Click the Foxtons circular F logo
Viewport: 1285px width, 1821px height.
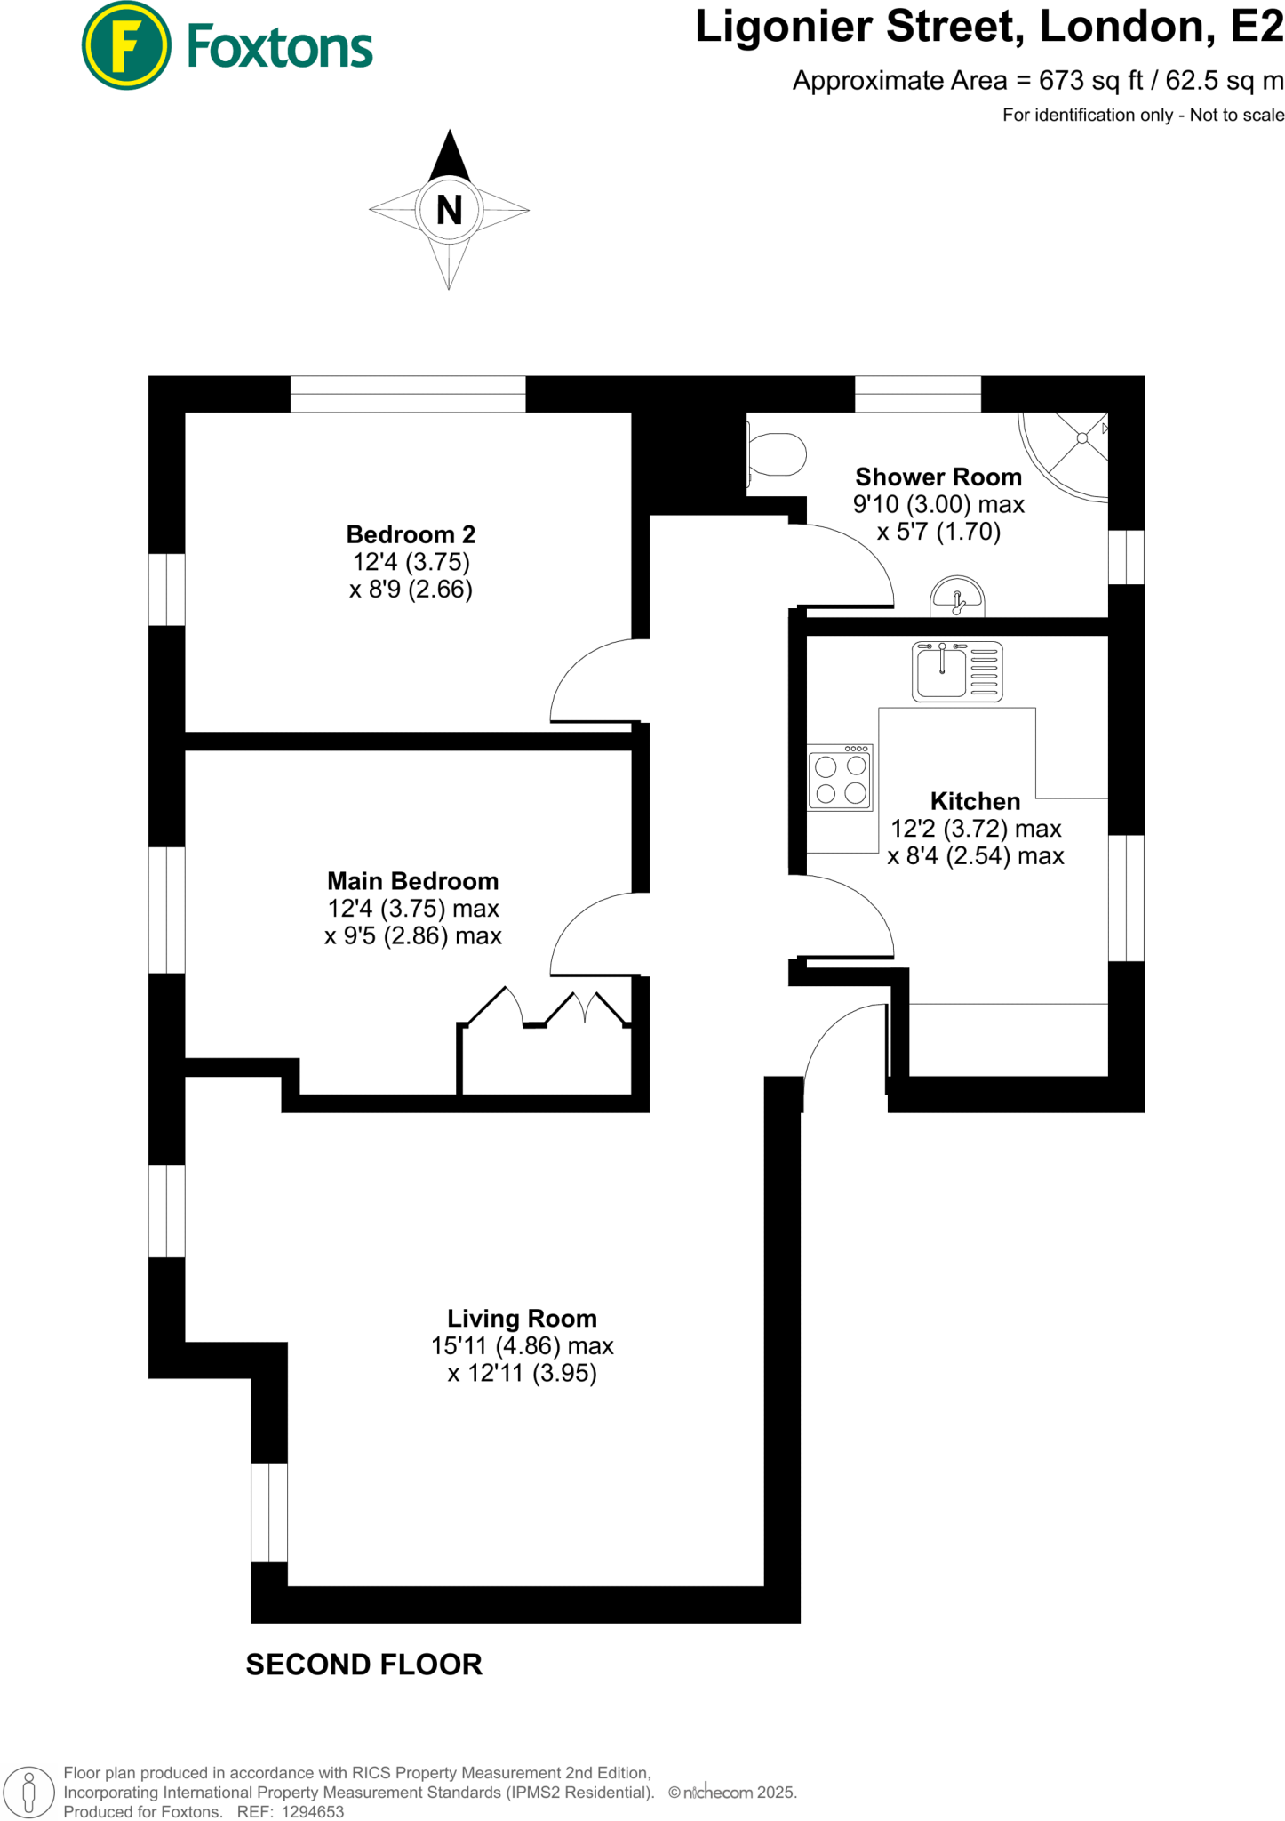[125, 45]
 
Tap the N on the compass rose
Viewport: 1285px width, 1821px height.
[449, 211]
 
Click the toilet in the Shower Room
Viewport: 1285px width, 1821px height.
[777, 454]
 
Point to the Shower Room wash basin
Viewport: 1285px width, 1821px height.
[957, 598]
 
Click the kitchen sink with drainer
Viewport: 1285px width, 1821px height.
[957, 671]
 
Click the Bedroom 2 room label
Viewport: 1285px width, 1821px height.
[411, 534]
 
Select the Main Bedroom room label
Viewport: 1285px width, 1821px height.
[412, 881]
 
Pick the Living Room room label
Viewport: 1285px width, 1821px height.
[522, 1319]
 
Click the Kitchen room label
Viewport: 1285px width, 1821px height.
[975, 801]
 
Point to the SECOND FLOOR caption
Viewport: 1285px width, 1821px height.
[363, 1665]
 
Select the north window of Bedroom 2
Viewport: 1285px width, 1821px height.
[408, 394]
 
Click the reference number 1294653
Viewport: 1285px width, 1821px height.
[313, 1812]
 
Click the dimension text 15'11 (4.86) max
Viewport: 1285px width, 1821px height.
[522, 1346]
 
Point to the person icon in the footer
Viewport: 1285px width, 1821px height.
[28, 1793]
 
